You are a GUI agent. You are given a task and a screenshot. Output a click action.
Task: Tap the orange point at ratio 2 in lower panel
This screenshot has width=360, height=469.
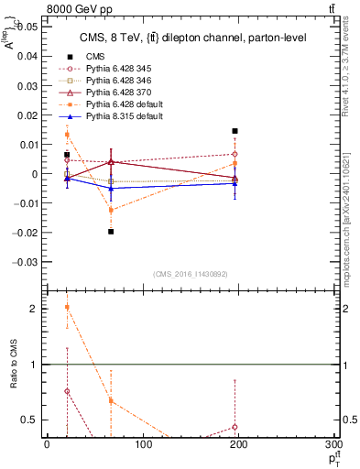(68, 308)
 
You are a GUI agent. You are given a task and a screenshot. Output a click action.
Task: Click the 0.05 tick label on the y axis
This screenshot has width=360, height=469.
(27, 27)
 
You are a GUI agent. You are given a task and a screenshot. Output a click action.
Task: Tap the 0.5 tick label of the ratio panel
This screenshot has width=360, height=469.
(31, 420)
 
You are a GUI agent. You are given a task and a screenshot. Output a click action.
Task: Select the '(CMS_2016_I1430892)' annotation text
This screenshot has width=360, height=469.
(191, 274)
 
